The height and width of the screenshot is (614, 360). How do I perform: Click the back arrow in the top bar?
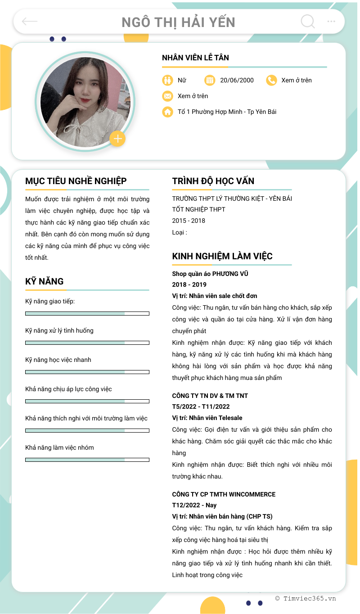30,21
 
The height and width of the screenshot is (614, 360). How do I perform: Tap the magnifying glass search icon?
308,21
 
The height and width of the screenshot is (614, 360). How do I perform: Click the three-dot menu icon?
331,21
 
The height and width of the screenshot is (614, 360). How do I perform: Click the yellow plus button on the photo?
117,139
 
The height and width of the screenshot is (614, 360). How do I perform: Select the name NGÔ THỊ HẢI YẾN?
179,22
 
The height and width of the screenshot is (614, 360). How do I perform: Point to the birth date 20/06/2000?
237,80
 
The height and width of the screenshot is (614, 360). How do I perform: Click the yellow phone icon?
271,80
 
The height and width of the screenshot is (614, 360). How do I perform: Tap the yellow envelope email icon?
167,96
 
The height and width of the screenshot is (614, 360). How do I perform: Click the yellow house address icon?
167,112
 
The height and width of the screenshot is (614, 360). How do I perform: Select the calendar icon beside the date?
210,80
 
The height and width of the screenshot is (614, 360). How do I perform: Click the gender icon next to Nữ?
167,80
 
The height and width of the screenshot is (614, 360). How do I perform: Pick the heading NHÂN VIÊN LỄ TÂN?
195,58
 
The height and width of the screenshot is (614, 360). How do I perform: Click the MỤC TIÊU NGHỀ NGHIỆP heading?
76,181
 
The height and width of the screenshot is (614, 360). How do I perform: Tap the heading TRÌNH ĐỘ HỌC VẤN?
213,181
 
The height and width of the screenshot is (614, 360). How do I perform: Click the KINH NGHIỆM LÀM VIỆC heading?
222,256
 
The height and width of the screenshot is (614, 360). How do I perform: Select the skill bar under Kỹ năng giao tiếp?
87,313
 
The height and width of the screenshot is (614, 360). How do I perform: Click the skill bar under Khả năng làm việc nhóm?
87,460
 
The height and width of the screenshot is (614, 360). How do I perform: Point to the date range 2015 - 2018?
189,221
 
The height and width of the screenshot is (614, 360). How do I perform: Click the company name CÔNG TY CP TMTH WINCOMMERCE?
224,494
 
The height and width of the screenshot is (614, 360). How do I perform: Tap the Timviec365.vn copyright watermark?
306,598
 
